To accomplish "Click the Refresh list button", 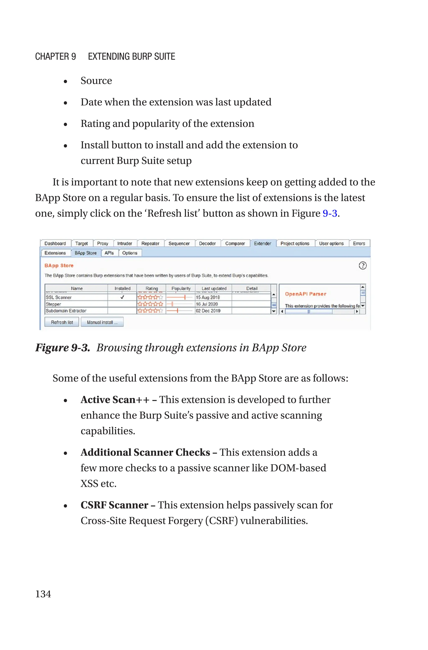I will tap(62, 322).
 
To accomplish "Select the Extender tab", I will tap(262, 243).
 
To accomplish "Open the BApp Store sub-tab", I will tap(85, 253).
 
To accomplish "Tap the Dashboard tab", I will tap(55, 243).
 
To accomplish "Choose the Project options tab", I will tap(295, 243).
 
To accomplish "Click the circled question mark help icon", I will tap(363, 265).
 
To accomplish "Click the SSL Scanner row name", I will tap(59, 297).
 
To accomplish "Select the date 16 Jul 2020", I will tap(207, 304).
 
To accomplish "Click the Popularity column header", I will tap(181, 288).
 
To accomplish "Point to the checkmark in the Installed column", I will tap(122, 297).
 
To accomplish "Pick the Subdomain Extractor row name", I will tap(66, 311).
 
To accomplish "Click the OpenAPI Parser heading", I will tap(306, 294).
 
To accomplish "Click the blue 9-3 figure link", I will tap(330, 213).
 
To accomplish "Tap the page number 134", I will tap(43, 594).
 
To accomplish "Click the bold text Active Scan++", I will tap(115, 400).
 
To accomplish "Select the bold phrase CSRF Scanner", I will tap(114, 505).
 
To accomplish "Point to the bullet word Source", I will tap(96, 81).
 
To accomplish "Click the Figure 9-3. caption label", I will tap(62, 348).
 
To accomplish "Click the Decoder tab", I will tap(207, 243).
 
